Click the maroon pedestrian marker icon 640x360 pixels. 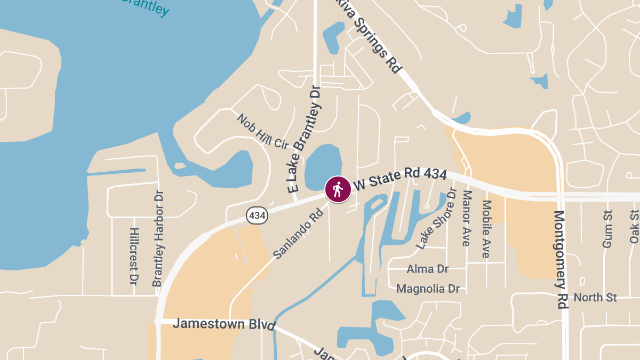tap(338, 189)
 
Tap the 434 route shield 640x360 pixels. tap(257, 215)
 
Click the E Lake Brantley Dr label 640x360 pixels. tap(306, 140)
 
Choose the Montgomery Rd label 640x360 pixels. tap(561, 259)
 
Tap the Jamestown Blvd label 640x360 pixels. tap(224, 324)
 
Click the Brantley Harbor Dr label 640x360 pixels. tap(158, 238)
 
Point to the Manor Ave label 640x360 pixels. tap(467, 218)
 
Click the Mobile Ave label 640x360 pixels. tap(486, 229)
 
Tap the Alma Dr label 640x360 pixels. tap(427, 269)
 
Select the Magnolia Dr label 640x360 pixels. tap(428, 289)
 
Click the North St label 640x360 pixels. tap(595, 298)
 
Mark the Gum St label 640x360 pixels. tap(607, 229)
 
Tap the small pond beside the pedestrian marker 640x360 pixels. tap(322, 165)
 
